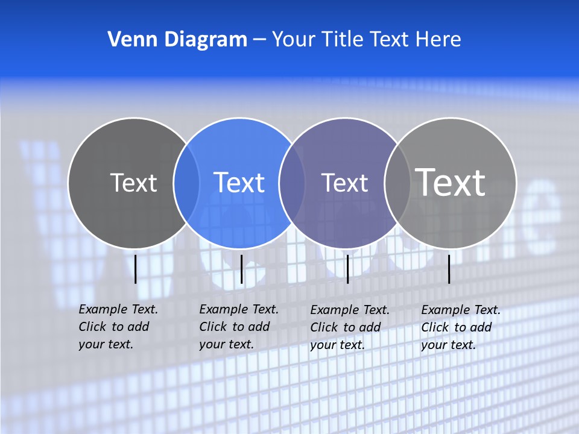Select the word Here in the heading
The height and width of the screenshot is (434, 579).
tap(438, 40)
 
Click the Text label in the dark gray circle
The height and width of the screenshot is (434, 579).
tap(133, 183)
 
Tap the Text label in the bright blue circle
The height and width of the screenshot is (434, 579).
tap(239, 183)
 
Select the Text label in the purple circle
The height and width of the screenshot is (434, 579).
tap(344, 183)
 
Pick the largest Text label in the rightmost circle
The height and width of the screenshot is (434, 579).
tap(450, 182)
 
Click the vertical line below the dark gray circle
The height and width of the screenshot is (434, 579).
tap(136, 269)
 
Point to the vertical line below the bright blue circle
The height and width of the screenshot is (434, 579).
tap(241, 269)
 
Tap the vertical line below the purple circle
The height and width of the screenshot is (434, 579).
tap(347, 269)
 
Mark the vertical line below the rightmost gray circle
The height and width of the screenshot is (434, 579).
tap(449, 269)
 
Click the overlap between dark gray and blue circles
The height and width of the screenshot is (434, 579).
tap(187, 183)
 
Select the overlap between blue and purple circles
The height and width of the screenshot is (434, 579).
tap(293, 183)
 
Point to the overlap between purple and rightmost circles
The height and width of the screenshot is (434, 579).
tap(397, 183)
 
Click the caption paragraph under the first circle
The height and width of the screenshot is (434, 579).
tap(118, 327)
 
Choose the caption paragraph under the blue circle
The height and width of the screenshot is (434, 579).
tap(238, 327)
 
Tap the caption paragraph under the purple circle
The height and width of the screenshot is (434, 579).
tap(349, 327)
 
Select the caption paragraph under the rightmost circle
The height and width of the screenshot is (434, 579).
tap(460, 327)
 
